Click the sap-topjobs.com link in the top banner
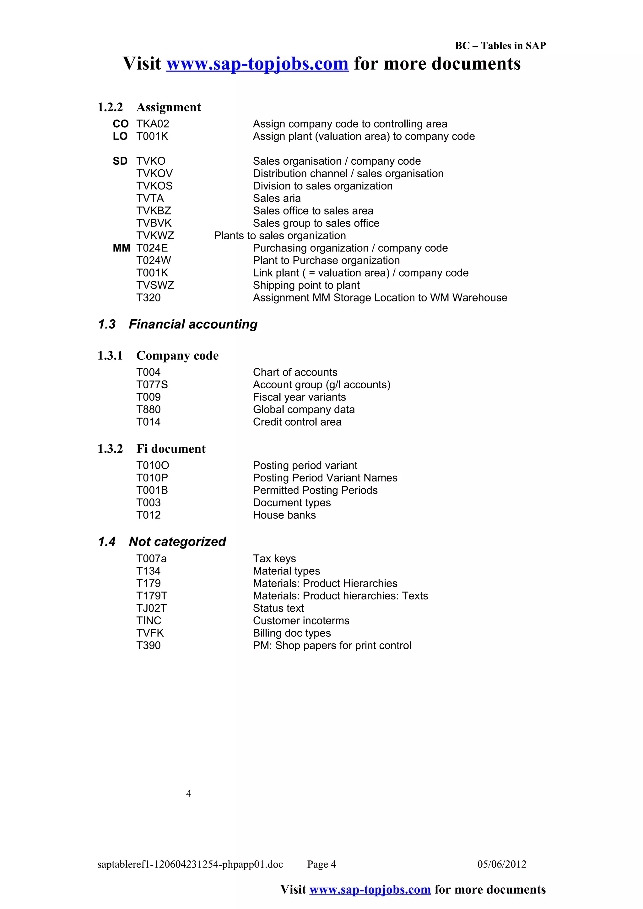tap(257, 64)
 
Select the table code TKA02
tap(153, 124)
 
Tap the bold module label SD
tap(120, 161)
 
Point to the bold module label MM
tap(121, 248)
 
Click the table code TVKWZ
tap(155, 236)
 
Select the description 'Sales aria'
tap(277, 198)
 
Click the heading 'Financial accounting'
tap(193, 324)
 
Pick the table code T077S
tap(152, 385)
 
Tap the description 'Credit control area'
tap(297, 422)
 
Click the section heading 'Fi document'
tap(171, 449)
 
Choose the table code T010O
tap(153, 465)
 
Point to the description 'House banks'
tap(284, 515)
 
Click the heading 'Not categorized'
tap(177, 542)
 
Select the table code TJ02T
tap(151, 608)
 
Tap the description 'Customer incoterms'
tap(301, 621)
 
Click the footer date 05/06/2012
tap(502, 864)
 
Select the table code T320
tap(148, 298)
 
